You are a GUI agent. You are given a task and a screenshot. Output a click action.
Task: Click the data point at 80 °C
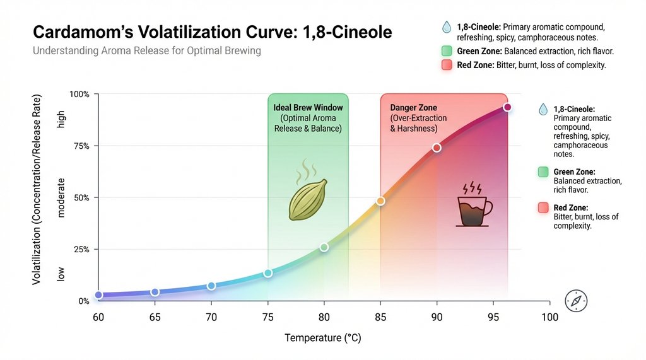[324, 247]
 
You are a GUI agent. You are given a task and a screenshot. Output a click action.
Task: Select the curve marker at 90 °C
[437, 148]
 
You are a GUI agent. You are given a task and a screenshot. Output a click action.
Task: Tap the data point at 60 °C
[98, 295]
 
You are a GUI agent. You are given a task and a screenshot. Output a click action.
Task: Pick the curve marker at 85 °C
[380, 201]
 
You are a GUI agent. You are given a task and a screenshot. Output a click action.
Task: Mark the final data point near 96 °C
[507, 107]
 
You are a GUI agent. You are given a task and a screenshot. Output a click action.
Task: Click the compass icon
[577, 301]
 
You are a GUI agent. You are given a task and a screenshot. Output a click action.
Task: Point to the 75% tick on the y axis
[82, 146]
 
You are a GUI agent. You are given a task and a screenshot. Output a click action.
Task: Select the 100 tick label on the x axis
[549, 317]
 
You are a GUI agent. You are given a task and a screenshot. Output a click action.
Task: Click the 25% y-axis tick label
[82, 250]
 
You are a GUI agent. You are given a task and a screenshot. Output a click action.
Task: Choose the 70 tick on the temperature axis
[211, 317]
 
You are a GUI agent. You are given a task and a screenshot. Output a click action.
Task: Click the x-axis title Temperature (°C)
[323, 339]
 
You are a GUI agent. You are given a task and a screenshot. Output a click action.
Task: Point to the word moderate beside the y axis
[61, 197]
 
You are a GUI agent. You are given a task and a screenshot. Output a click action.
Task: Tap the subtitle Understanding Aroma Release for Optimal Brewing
[146, 50]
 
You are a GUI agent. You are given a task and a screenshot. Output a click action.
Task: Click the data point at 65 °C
[155, 292]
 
